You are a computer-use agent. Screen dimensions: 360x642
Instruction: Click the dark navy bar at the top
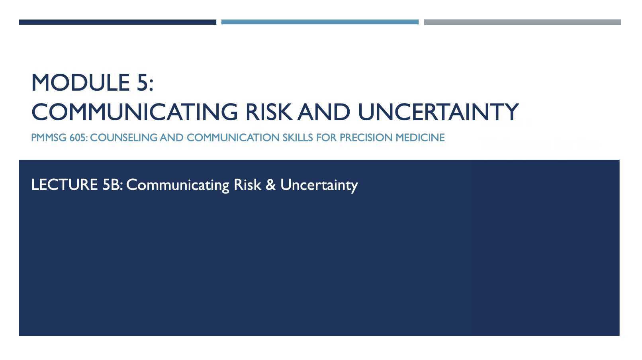point(117,22)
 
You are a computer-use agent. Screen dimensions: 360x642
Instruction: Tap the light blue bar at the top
point(320,22)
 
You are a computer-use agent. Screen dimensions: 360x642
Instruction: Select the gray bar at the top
point(522,22)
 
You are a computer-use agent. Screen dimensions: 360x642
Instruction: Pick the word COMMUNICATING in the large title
point(134,112)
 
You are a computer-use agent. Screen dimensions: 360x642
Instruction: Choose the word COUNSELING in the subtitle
point(124,138)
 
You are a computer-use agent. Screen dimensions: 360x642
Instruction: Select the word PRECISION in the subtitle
point(366,138)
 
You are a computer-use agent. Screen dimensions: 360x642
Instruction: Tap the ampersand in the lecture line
point(270,185)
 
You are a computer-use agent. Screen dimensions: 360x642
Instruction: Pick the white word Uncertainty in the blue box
point(319,185)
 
